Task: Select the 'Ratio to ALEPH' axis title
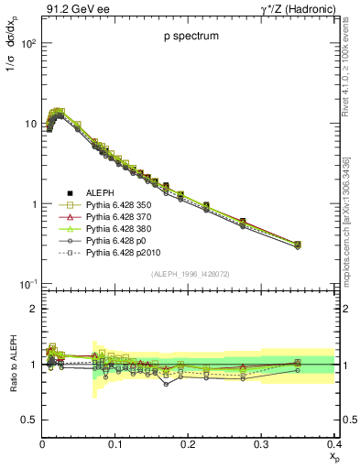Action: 12,364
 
